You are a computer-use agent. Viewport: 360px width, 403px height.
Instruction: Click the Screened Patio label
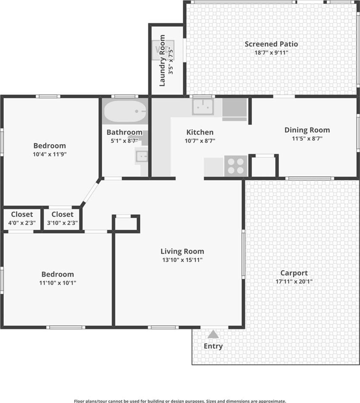pyautogui.click(x=271, y=44)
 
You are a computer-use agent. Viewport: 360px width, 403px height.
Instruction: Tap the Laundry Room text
pyautogui.click(x=162, y=60)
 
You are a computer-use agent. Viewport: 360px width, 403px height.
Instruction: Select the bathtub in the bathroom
pyautogui.click(x=125, y=111)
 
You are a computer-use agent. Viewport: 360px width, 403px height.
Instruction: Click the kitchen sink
pyautogui.click(x=203, y=106)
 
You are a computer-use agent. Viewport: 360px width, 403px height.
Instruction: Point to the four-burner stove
pyautogui.click(x=236, y=166)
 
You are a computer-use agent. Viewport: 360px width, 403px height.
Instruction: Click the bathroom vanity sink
pyautogui.click(x=142, y=156)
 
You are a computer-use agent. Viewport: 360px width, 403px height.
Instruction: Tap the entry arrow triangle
pyautogui.click(x=213, y=334)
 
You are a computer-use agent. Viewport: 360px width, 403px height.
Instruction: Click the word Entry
pyautogui.click(x=213, y=346)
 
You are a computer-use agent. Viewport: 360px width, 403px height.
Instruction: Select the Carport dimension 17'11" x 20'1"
pyautogui.click(x=294, y=282)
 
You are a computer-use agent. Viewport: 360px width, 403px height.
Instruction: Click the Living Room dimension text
pyautogui.click(x=182, y=260)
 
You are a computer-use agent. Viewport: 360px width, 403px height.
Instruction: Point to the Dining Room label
pyautogui.click(x=307, y=130)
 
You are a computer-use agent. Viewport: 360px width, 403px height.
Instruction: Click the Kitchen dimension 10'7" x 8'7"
pyautogui.click(x=200, y=141)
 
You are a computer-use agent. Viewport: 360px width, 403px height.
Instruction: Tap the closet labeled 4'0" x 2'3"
pyautogui.click(x=22, y=218)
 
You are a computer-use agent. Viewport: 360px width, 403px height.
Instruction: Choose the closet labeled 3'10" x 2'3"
pyautogui.click(x=62, y=218)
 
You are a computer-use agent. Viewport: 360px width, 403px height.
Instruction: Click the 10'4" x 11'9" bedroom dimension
pyautogui.click(x=50, y=154)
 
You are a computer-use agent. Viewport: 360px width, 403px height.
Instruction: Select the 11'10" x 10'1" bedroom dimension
pyautogui.click(x=58, y=283)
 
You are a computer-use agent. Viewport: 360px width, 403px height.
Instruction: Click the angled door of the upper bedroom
pyautogui.click(x=91, y=192)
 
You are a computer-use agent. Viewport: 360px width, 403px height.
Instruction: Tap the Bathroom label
pyautogui.click(x=124, y=132)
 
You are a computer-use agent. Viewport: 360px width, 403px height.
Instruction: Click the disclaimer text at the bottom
pyautogui.click(x=180, y=401)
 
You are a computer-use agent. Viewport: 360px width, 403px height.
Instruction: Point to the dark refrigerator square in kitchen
pyautogui.click(x=234, y=107)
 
